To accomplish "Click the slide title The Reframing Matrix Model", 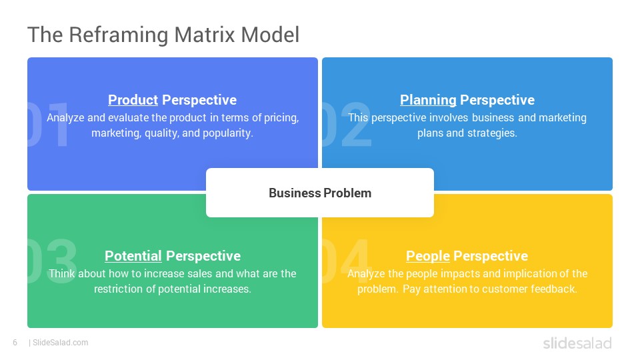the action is click(163, 35).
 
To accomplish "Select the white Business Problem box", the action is click(320, 193).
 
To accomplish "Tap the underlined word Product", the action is click(133, 100).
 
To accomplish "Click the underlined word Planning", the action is click(428, 101).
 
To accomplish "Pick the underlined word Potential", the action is click(133, 256).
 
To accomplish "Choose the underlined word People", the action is click(428, 256).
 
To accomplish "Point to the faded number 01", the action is click(48, 124).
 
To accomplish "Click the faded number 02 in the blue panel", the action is click(347, 124).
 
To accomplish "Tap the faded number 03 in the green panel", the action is click(52, 261).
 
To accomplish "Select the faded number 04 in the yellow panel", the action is click(347, 261).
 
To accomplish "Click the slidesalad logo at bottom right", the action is click(577, 343).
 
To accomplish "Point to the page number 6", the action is click(15, 343).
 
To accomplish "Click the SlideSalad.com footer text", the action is click(60, 343).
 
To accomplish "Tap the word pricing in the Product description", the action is click(281, 118).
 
